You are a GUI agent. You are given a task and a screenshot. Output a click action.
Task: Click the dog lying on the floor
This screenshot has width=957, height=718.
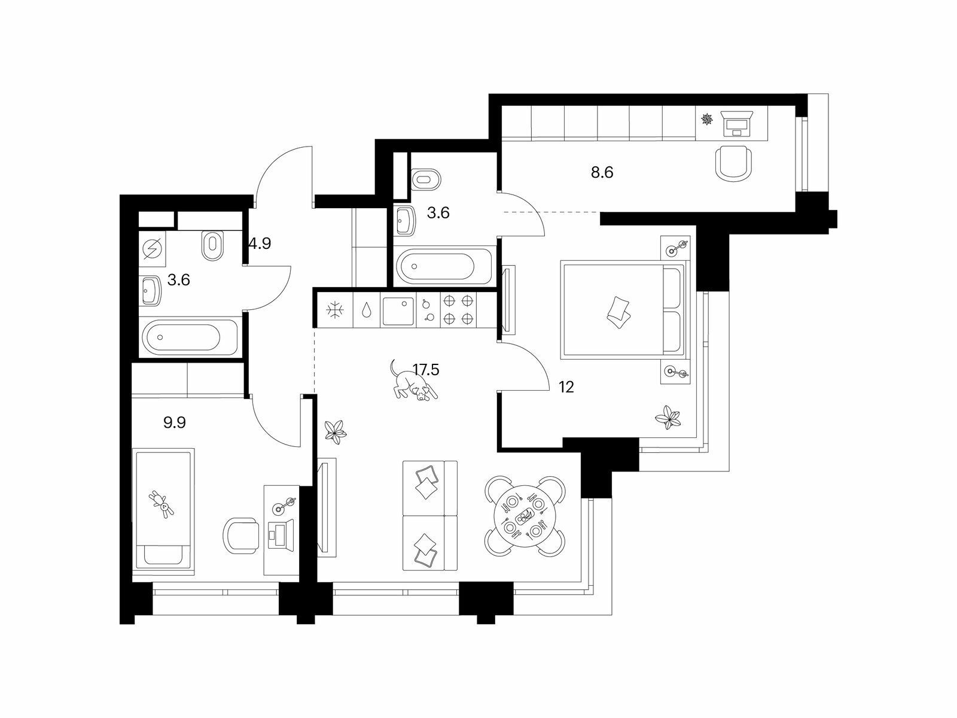point(413,382)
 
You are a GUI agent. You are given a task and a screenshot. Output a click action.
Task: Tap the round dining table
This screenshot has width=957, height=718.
point(525,516)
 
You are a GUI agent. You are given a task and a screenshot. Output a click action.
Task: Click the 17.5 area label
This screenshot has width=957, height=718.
point(426,370)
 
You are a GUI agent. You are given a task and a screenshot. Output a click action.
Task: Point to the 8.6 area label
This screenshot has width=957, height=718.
point(602,173)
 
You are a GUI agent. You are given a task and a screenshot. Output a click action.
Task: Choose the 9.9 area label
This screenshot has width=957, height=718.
point(175,422)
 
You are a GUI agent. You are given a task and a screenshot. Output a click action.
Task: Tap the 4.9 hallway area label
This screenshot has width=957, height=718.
point(260,244)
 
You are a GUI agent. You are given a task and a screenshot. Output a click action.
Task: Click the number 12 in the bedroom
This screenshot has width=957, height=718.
point(566,387)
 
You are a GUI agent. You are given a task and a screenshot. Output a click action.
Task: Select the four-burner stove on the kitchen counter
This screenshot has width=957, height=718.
point(458,310)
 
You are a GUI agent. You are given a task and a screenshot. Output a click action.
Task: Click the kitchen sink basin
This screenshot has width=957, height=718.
point(398,311)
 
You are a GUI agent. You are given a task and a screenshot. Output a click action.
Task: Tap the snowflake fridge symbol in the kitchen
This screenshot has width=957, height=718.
point(335,311)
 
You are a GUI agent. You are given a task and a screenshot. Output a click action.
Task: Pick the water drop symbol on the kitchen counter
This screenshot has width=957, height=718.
point(367,311)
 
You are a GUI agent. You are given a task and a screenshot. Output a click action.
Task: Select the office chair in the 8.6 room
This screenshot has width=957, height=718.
point(734,163)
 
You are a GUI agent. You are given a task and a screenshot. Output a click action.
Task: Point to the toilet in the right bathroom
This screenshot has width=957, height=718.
point(426,179)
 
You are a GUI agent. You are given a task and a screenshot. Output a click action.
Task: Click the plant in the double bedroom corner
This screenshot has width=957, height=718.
point(668,417)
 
